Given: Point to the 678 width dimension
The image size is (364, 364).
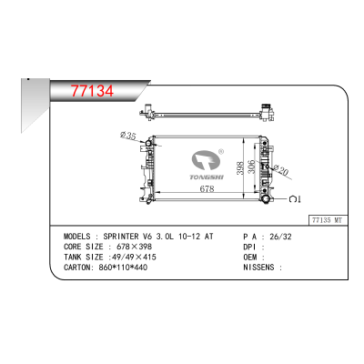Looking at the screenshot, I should click(x=207, y=189).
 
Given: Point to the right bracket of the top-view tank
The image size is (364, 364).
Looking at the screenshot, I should click(x=269, y=113).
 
